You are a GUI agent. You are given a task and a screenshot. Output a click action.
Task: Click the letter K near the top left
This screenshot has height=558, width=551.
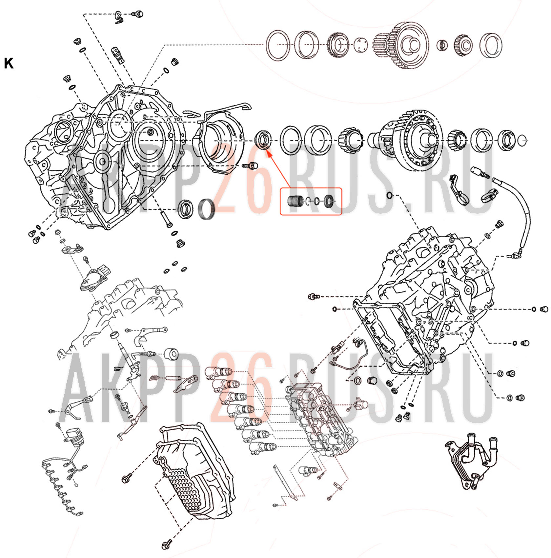point(9,63)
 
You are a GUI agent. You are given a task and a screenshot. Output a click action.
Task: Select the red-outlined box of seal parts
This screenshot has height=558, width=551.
point(311,201)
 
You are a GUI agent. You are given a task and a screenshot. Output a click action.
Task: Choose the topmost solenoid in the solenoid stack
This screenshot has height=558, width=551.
point(219,373)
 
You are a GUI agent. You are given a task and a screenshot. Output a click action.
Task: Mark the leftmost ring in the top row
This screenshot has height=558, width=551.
point(278,45)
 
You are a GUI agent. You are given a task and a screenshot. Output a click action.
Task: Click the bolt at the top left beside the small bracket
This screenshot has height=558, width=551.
point(137,14)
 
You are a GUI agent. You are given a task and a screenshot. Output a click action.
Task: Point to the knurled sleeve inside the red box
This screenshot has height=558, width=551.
point(295,201)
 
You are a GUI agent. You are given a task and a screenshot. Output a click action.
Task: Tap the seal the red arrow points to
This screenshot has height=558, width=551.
point(263,139)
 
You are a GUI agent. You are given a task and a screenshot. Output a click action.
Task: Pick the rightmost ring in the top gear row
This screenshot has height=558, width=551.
point(491,45)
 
